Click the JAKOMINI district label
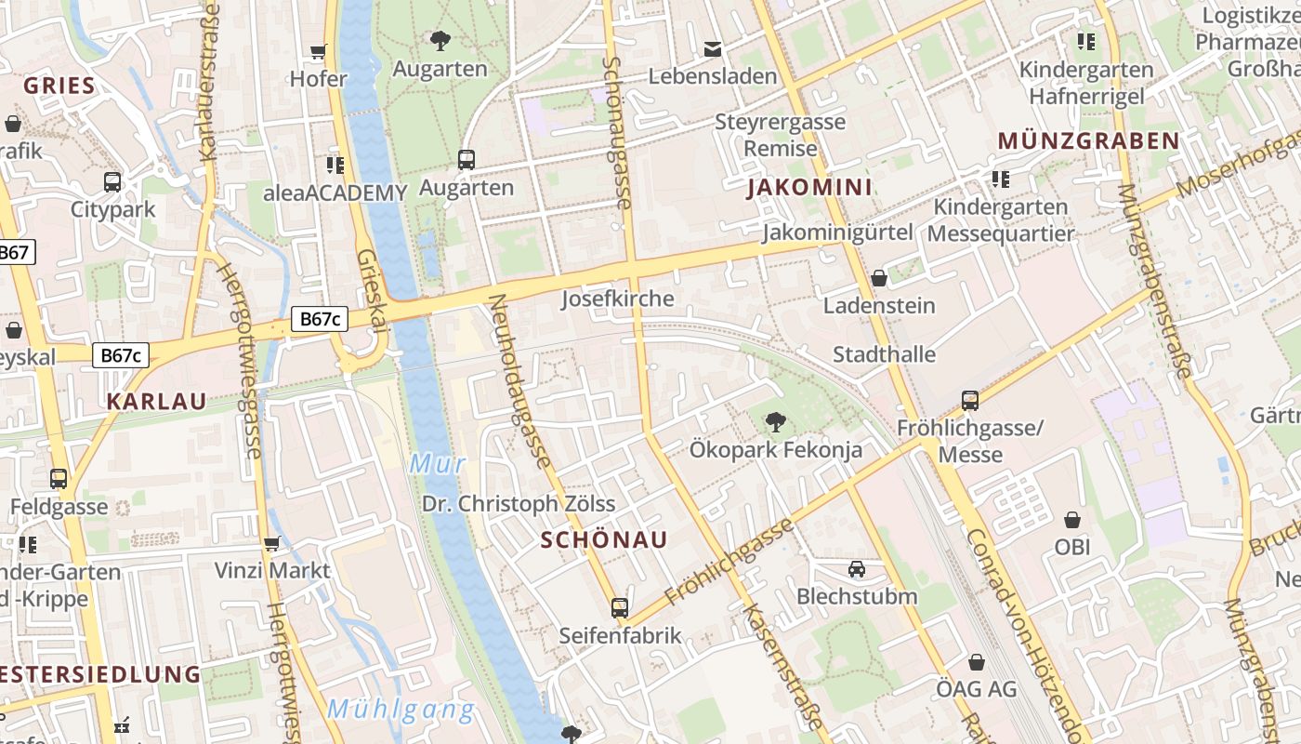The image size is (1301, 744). pyautogui.click(x=809, y=188)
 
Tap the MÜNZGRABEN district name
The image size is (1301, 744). pyautogui.click(x=1088, y=141)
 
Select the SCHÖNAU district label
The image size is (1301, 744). pyautogui.click(x=604, y=540)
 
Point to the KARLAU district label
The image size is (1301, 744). pyautogui.click(x=156, y=402)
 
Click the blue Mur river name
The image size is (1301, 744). pyautogui.click(x=437, y=463)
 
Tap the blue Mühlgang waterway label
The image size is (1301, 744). pyautogui.click(x=401, y=711)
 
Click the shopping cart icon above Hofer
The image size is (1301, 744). pyautogui.click(x=319, y=52)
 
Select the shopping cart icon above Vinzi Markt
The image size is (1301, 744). pyautogui.click(x=272, y=543)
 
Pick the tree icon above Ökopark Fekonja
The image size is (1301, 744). pyautogui.click(x=775, y=422)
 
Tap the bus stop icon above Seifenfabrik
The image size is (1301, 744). pyautogui.click(x=620, y=608)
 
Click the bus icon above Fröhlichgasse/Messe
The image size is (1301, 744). pyautogui.click(x=970, y=401)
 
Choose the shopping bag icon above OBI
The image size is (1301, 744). pyautogui.click(x=1072, y=520)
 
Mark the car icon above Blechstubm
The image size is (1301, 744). pyautogui.click(x=857, y=569)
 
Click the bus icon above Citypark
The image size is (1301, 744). pyautogui.click(x=112, y=182)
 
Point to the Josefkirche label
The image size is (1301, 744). pyautogui.click(x=617, y=299)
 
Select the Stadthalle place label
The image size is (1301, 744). pyautogui.click(x=884, y=354)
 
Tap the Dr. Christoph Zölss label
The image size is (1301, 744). pyautogui.click(x=519, y=504)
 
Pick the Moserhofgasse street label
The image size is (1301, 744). pyautogui.click(x=1236, y=164)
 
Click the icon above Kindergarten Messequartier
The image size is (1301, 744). pyautogui.click(x=1000, y=179)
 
